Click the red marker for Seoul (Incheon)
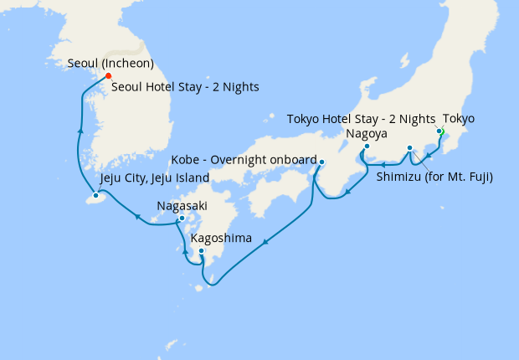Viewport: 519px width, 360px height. [x=108, y=76]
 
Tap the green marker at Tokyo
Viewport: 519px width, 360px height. [x=439, y=131]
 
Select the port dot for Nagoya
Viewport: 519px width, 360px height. [x=367, y=147]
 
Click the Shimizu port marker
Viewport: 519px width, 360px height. [x=409, y=148]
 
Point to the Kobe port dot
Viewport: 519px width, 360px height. [x=321, y=162]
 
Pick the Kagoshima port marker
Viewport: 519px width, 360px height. [x=201, y=250]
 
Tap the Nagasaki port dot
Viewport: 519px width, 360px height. [x=182, y=219]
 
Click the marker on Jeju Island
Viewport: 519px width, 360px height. [x=95, y=195]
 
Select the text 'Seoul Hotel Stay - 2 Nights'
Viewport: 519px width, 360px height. [x=185, y=86]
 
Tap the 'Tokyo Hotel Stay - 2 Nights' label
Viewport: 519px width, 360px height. [x=362, y=119]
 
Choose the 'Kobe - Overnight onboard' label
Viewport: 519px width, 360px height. [x=244, y=159]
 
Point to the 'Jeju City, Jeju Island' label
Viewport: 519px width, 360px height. [x=154, y=179]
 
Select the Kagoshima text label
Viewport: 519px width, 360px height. [x=222, y=238]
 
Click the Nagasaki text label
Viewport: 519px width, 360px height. [x=182, y=205]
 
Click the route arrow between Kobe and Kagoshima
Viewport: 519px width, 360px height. [x=265, y=243]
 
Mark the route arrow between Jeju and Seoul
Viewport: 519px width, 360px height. [x=80, y=131]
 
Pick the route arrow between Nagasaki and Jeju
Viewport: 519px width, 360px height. [x=136, y=217]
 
